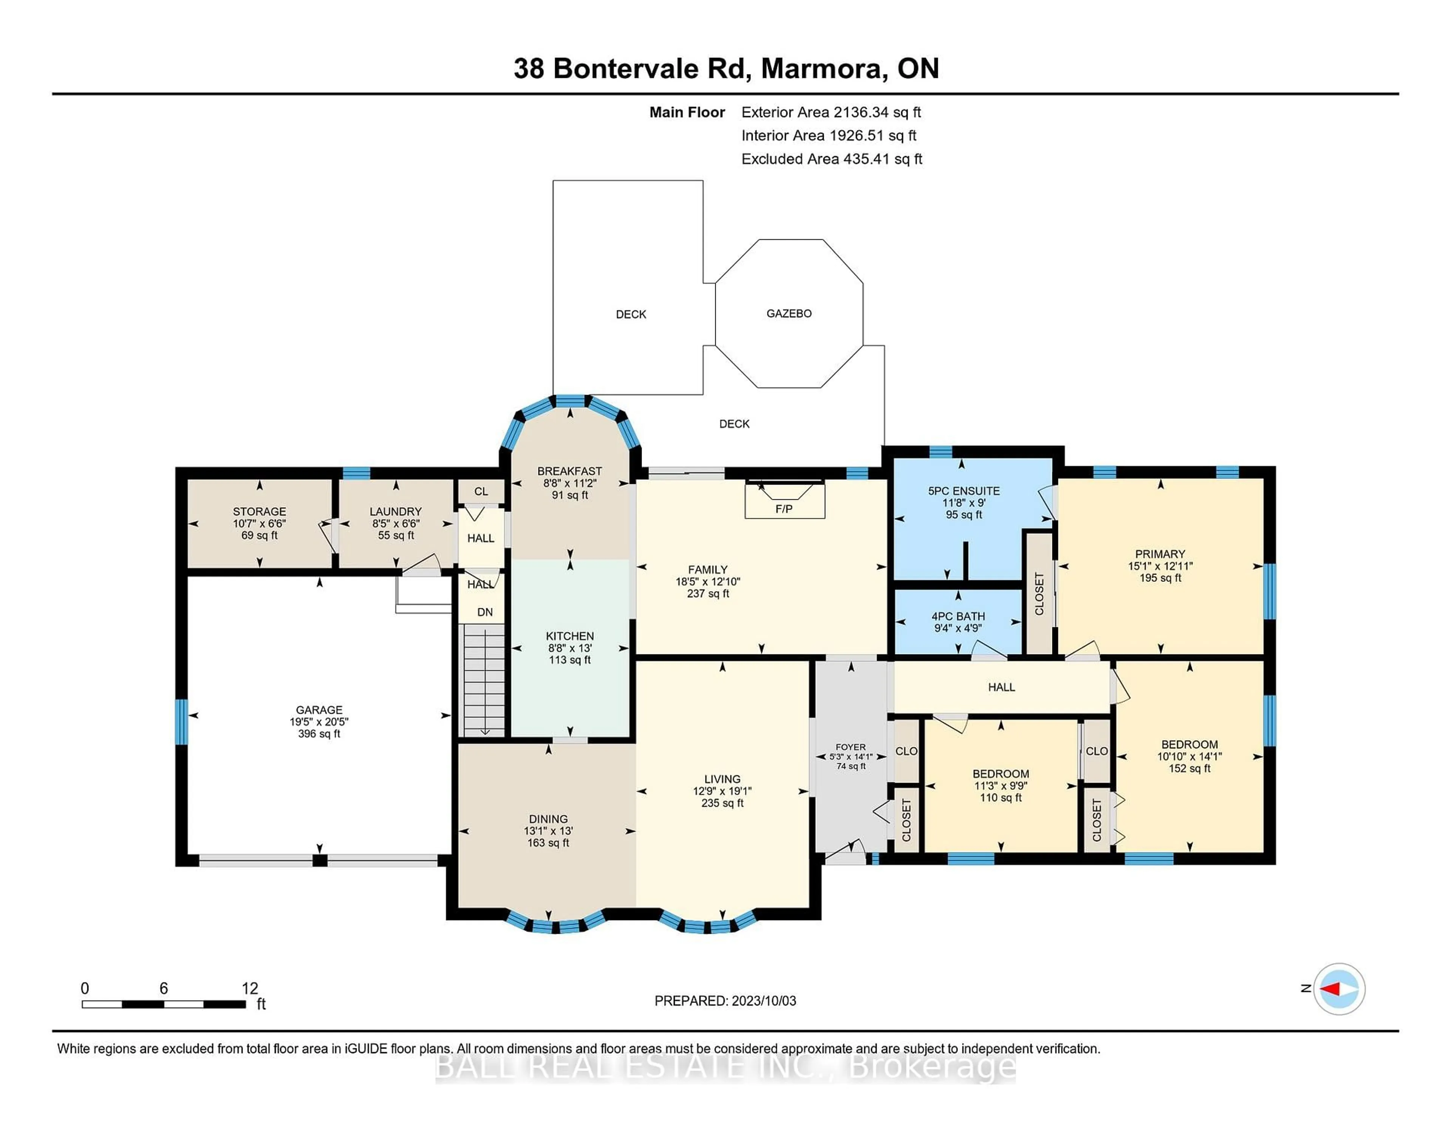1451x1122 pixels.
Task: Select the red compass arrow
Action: pyautogui.click(x=1331, y=989)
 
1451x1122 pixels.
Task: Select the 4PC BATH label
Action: pyautogui.click(x=958, y=616)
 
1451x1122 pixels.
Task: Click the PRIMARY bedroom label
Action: pyautogui.click(x=1160, y=554)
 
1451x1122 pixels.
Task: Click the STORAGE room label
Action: pyautogui.click(x=259, y=511)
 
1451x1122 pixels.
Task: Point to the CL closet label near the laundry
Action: pyautogui.click(x=481, y=491)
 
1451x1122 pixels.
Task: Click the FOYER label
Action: pyautogui.click(x=851, y=747)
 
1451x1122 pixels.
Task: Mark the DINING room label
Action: pyautogui.click(x=548, y=819)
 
